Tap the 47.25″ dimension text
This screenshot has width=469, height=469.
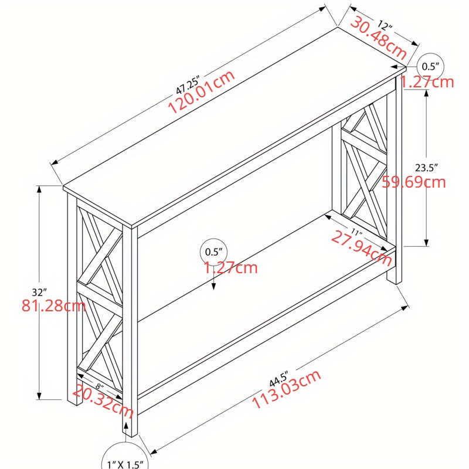pyautogui.click(x=188, y=84)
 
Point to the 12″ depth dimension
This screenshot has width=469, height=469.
pyautogui.click(x=384, y=26)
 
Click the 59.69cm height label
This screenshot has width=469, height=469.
pyautogui.click(x=414, y=182)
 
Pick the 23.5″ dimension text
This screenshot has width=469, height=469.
pyautogui.click(x=426, y=167)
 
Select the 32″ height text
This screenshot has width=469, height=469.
pyautogui.click(x=40, y=291)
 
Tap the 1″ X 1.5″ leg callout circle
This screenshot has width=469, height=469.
pyautogui.click(x=125, y=461)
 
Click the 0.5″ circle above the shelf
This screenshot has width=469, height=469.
pyautogui.click(x=214, y=252)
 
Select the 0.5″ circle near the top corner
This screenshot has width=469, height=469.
pyautogui.click(x=431, y=66)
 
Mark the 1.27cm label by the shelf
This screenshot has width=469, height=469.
pyautogui.click(x=231, y=269)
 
